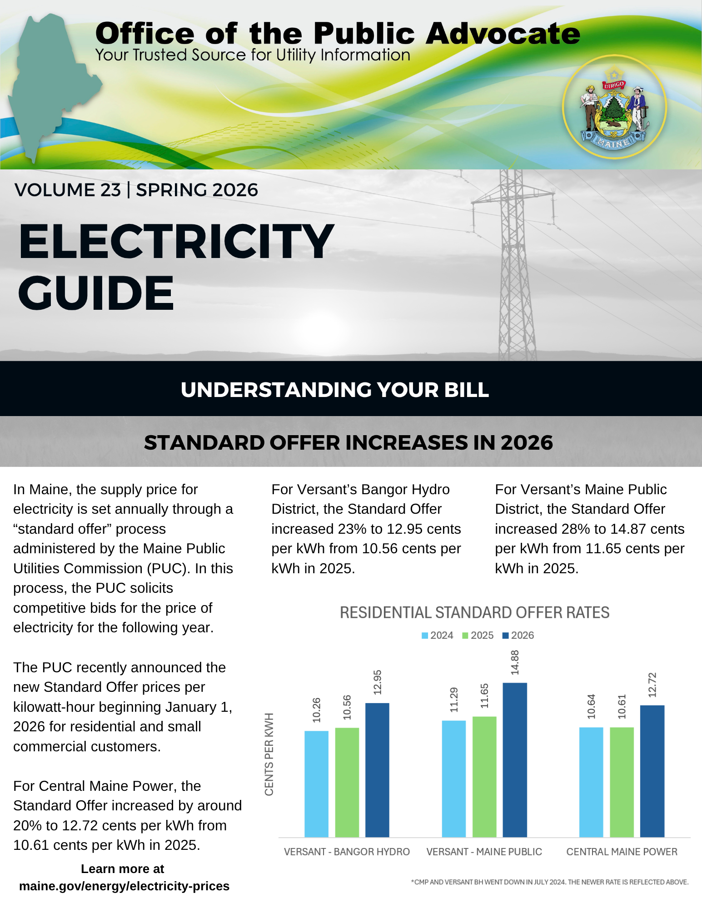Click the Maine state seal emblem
614,107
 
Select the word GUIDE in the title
96,293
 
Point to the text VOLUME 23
68,190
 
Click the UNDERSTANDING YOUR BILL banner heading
335,390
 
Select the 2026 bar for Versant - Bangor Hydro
377,770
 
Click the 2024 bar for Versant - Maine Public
453,779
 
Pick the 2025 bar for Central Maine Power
622,782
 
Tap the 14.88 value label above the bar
515,662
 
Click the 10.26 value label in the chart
317,710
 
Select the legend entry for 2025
478,635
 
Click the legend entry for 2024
438,635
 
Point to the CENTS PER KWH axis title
269,754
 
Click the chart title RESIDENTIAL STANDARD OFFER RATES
474,613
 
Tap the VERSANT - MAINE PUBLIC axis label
484,852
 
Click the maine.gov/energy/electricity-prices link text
124,886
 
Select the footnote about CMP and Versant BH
550,882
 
